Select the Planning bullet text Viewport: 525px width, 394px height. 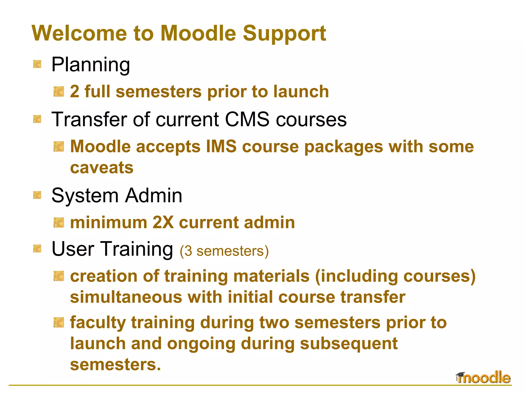(90, 65)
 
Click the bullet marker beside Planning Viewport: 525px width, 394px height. (37, 64)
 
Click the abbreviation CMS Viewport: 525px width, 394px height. (247, 120)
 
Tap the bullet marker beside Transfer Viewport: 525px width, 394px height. (37, 119)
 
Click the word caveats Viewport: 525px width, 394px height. (102, 168)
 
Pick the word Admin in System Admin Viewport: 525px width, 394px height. (154, 195)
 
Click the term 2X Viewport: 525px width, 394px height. (163, 222)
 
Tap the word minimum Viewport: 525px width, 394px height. (108, 222)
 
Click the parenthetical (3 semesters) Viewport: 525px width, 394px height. (224, 251)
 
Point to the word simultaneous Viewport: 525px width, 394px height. (126, 297)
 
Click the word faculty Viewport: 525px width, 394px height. (98, 323)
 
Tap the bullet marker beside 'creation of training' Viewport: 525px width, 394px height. (59, 276)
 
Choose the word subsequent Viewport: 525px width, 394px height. (349, 344)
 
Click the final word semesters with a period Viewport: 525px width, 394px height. (115, 365)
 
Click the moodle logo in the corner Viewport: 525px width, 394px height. (483, 378)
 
